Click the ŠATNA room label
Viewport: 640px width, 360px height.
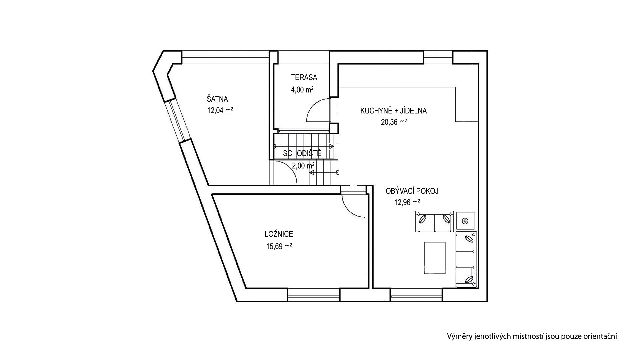click(217, 99)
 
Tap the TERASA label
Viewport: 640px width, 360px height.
click(304, 78)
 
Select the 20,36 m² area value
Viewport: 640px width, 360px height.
click(394, 122)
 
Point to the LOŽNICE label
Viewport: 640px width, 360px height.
click(279, 234)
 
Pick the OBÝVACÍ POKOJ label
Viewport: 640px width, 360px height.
click(412, 191)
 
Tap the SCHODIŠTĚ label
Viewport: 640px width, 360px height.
click(302, 154)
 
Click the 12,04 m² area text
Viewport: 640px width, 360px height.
click(220, 111)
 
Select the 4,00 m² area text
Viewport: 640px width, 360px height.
click(302, 89)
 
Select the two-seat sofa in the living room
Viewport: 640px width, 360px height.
click(435, 221)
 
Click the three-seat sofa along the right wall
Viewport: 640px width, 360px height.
click(466, 259)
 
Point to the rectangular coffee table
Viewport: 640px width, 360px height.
click(435, 258)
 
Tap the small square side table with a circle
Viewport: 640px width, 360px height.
click(465, 220)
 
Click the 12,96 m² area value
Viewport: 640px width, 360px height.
click(407, 202)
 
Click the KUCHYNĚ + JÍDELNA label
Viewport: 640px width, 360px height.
click(393, 111)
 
